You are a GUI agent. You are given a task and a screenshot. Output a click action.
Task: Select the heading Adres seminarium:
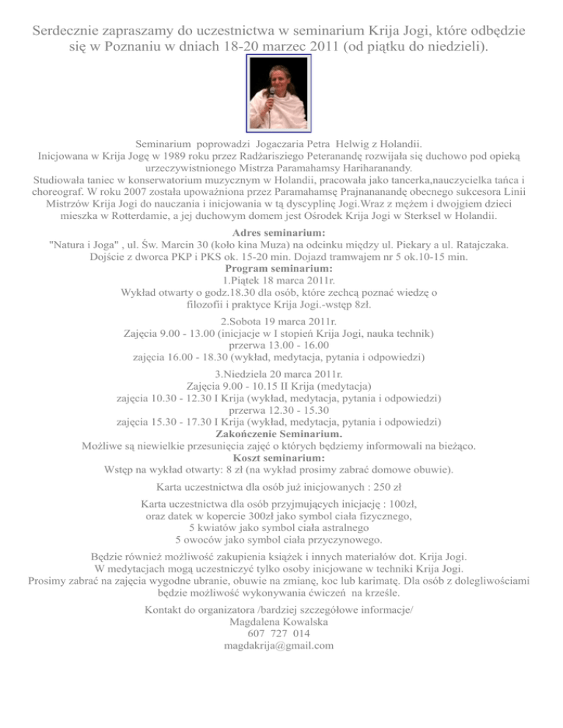tap(281, 233)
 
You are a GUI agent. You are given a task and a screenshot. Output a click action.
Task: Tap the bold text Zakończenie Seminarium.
tap(281, 433)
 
